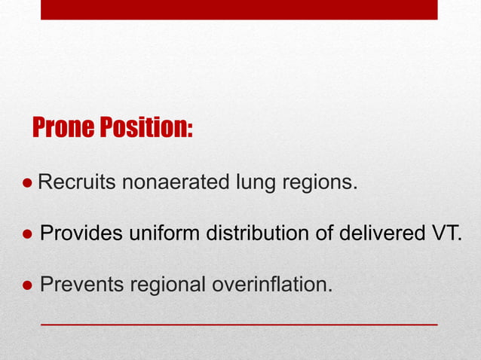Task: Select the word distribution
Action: coord(258,233)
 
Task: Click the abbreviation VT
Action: coord(445,233)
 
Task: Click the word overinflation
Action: coord(271,285)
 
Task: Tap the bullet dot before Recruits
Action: coord(27,182)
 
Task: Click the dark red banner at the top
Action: coord(238,9)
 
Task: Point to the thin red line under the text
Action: coord(238,323)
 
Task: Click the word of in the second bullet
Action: coord(325,233)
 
